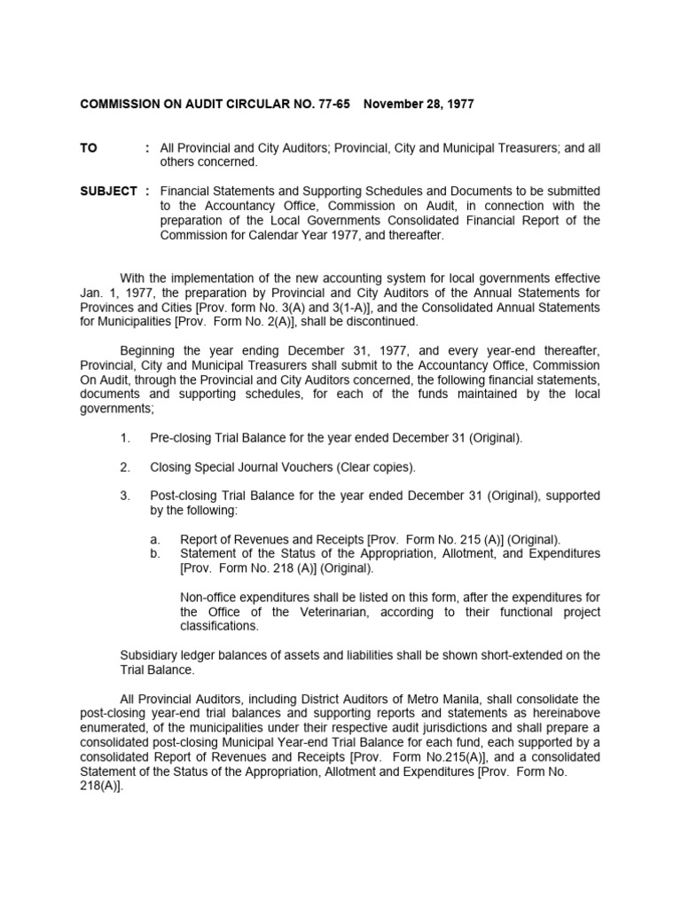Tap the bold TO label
[x=89, y=148]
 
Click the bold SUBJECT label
[x=108, y=191]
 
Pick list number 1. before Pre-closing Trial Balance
[x=125, y=437]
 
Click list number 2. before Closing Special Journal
[x=125, y=466]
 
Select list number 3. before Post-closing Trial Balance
[x=125, y=496]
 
